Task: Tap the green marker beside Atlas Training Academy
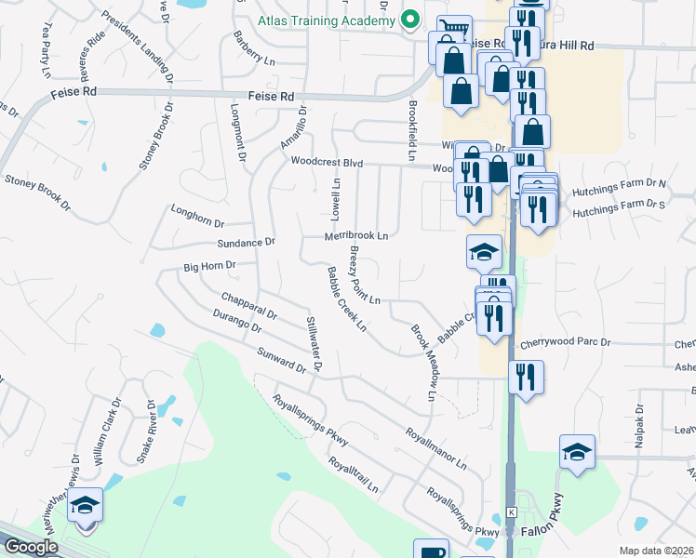click(408, 20)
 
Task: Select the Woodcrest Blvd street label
click(326, 161)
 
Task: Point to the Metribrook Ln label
click(355, 236)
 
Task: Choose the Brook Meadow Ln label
click(423, 363)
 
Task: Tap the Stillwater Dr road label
click(314, 345)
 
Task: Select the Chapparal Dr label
click(249, 306)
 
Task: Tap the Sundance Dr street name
click(246, 242)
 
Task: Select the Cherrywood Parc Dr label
click(565, 342)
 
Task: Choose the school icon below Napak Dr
click(577, 453)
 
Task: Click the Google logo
click(31, 547)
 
